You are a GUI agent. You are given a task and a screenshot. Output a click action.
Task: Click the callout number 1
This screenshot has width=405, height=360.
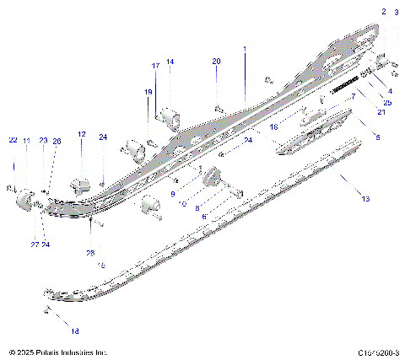(245, 51)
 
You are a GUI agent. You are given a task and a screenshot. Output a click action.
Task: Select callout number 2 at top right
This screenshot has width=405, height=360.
(383, 12)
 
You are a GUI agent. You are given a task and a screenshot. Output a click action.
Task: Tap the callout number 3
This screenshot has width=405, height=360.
(397, 12)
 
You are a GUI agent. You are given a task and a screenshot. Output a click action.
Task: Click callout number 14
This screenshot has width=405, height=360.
(169, 62)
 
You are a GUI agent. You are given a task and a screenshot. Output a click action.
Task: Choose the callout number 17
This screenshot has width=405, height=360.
(155, 66)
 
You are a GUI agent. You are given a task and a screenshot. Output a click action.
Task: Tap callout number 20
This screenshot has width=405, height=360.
(216, 62)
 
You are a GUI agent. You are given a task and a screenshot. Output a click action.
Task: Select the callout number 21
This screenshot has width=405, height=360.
(358, 112)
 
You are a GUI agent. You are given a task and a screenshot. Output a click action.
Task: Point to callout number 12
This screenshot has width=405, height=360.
(82, 135)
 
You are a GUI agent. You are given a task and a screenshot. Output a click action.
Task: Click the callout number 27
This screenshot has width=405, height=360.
(35, 244)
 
